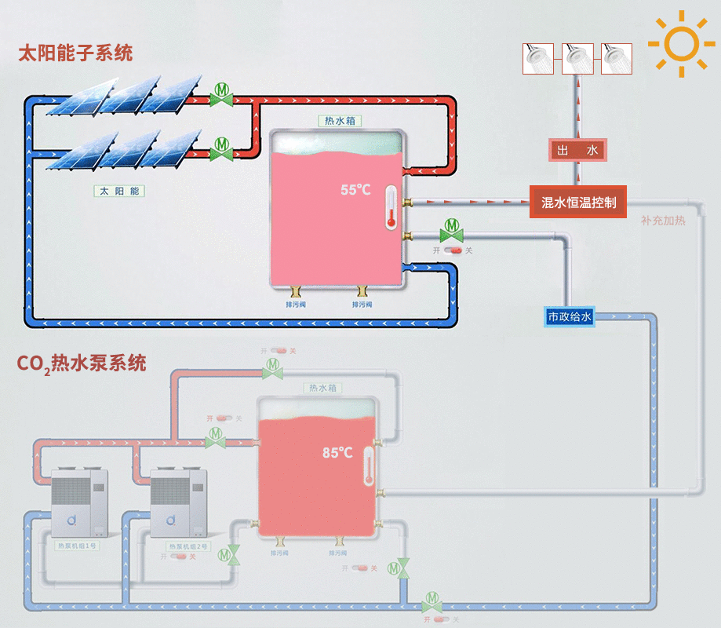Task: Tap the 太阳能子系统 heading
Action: pyautogui.click(x=76, y=53)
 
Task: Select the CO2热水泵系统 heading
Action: pyautogui.click(x=82, y=364)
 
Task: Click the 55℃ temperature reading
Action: pyautogui.click(x=355, y=190)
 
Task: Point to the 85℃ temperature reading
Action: pyautogui.click(x=337, y=453)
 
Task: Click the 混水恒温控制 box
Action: pyautogui.click(x=579, y=203)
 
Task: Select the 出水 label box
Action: pyautogui.click(x=577, y=150)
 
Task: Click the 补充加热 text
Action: pyautogui.click(x=663, y=221)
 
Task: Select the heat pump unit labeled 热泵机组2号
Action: pyautogui.click(x=179, y=503)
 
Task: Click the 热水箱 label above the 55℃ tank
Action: pyautogui.click(x=338, y=121)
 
